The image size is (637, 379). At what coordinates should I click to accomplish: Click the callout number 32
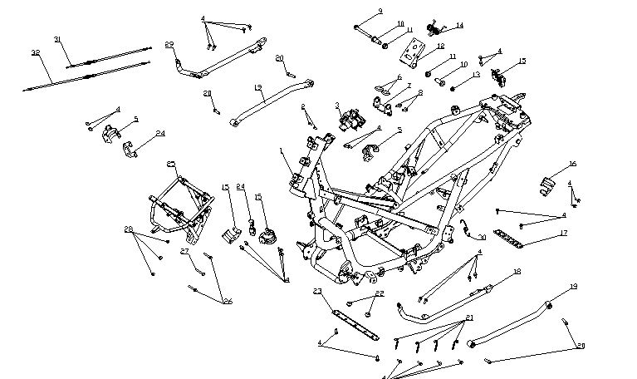click(36, 52)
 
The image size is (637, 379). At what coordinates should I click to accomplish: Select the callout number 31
click(58, 39)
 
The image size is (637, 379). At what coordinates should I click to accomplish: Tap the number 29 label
click(169, 44)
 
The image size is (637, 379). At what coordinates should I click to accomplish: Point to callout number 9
click(380, 11)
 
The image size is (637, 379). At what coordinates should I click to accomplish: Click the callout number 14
click(459, 26)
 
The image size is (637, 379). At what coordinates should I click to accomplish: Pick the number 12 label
click(440, 46)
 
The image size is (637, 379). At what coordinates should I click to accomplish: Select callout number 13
click(476, 75)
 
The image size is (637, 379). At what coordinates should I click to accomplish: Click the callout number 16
click(572, 164)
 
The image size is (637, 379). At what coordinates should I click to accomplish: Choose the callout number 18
click(517, 272)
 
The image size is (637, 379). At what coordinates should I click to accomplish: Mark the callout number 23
click(317, 291)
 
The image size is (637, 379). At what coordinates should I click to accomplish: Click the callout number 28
click(129, 229)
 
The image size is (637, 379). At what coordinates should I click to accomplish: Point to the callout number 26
click(227, 301)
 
